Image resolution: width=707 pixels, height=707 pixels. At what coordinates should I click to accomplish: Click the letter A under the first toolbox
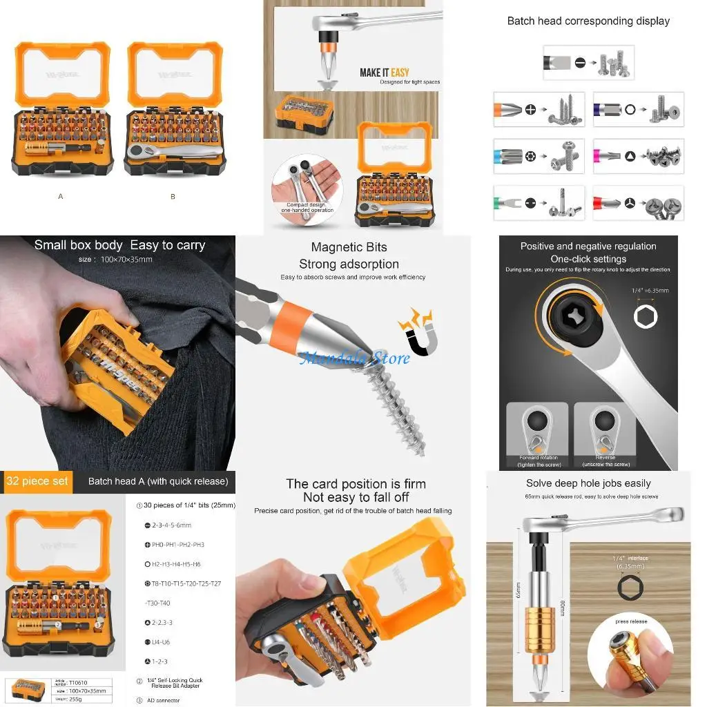click(61, 197)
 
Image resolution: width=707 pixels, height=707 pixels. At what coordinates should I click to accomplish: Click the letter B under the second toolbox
click(173, 197)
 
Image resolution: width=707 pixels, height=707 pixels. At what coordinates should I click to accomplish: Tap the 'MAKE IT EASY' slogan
click(384, 72)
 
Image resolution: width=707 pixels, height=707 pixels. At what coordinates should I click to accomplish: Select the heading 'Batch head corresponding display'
click(588, 21)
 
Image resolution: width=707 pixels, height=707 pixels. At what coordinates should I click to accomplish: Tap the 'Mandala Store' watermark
click(354, 358)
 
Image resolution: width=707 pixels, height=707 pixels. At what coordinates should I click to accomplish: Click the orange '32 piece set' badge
click(37, 481)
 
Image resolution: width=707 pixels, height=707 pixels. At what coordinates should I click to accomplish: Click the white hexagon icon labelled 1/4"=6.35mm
click(646, 316)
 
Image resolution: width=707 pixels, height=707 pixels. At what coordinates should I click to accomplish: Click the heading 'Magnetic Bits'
click(349, 247)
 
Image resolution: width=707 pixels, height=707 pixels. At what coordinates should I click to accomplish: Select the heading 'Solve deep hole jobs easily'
click(588, 483)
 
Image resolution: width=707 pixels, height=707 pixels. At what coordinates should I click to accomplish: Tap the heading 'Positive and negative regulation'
click(588, 246)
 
